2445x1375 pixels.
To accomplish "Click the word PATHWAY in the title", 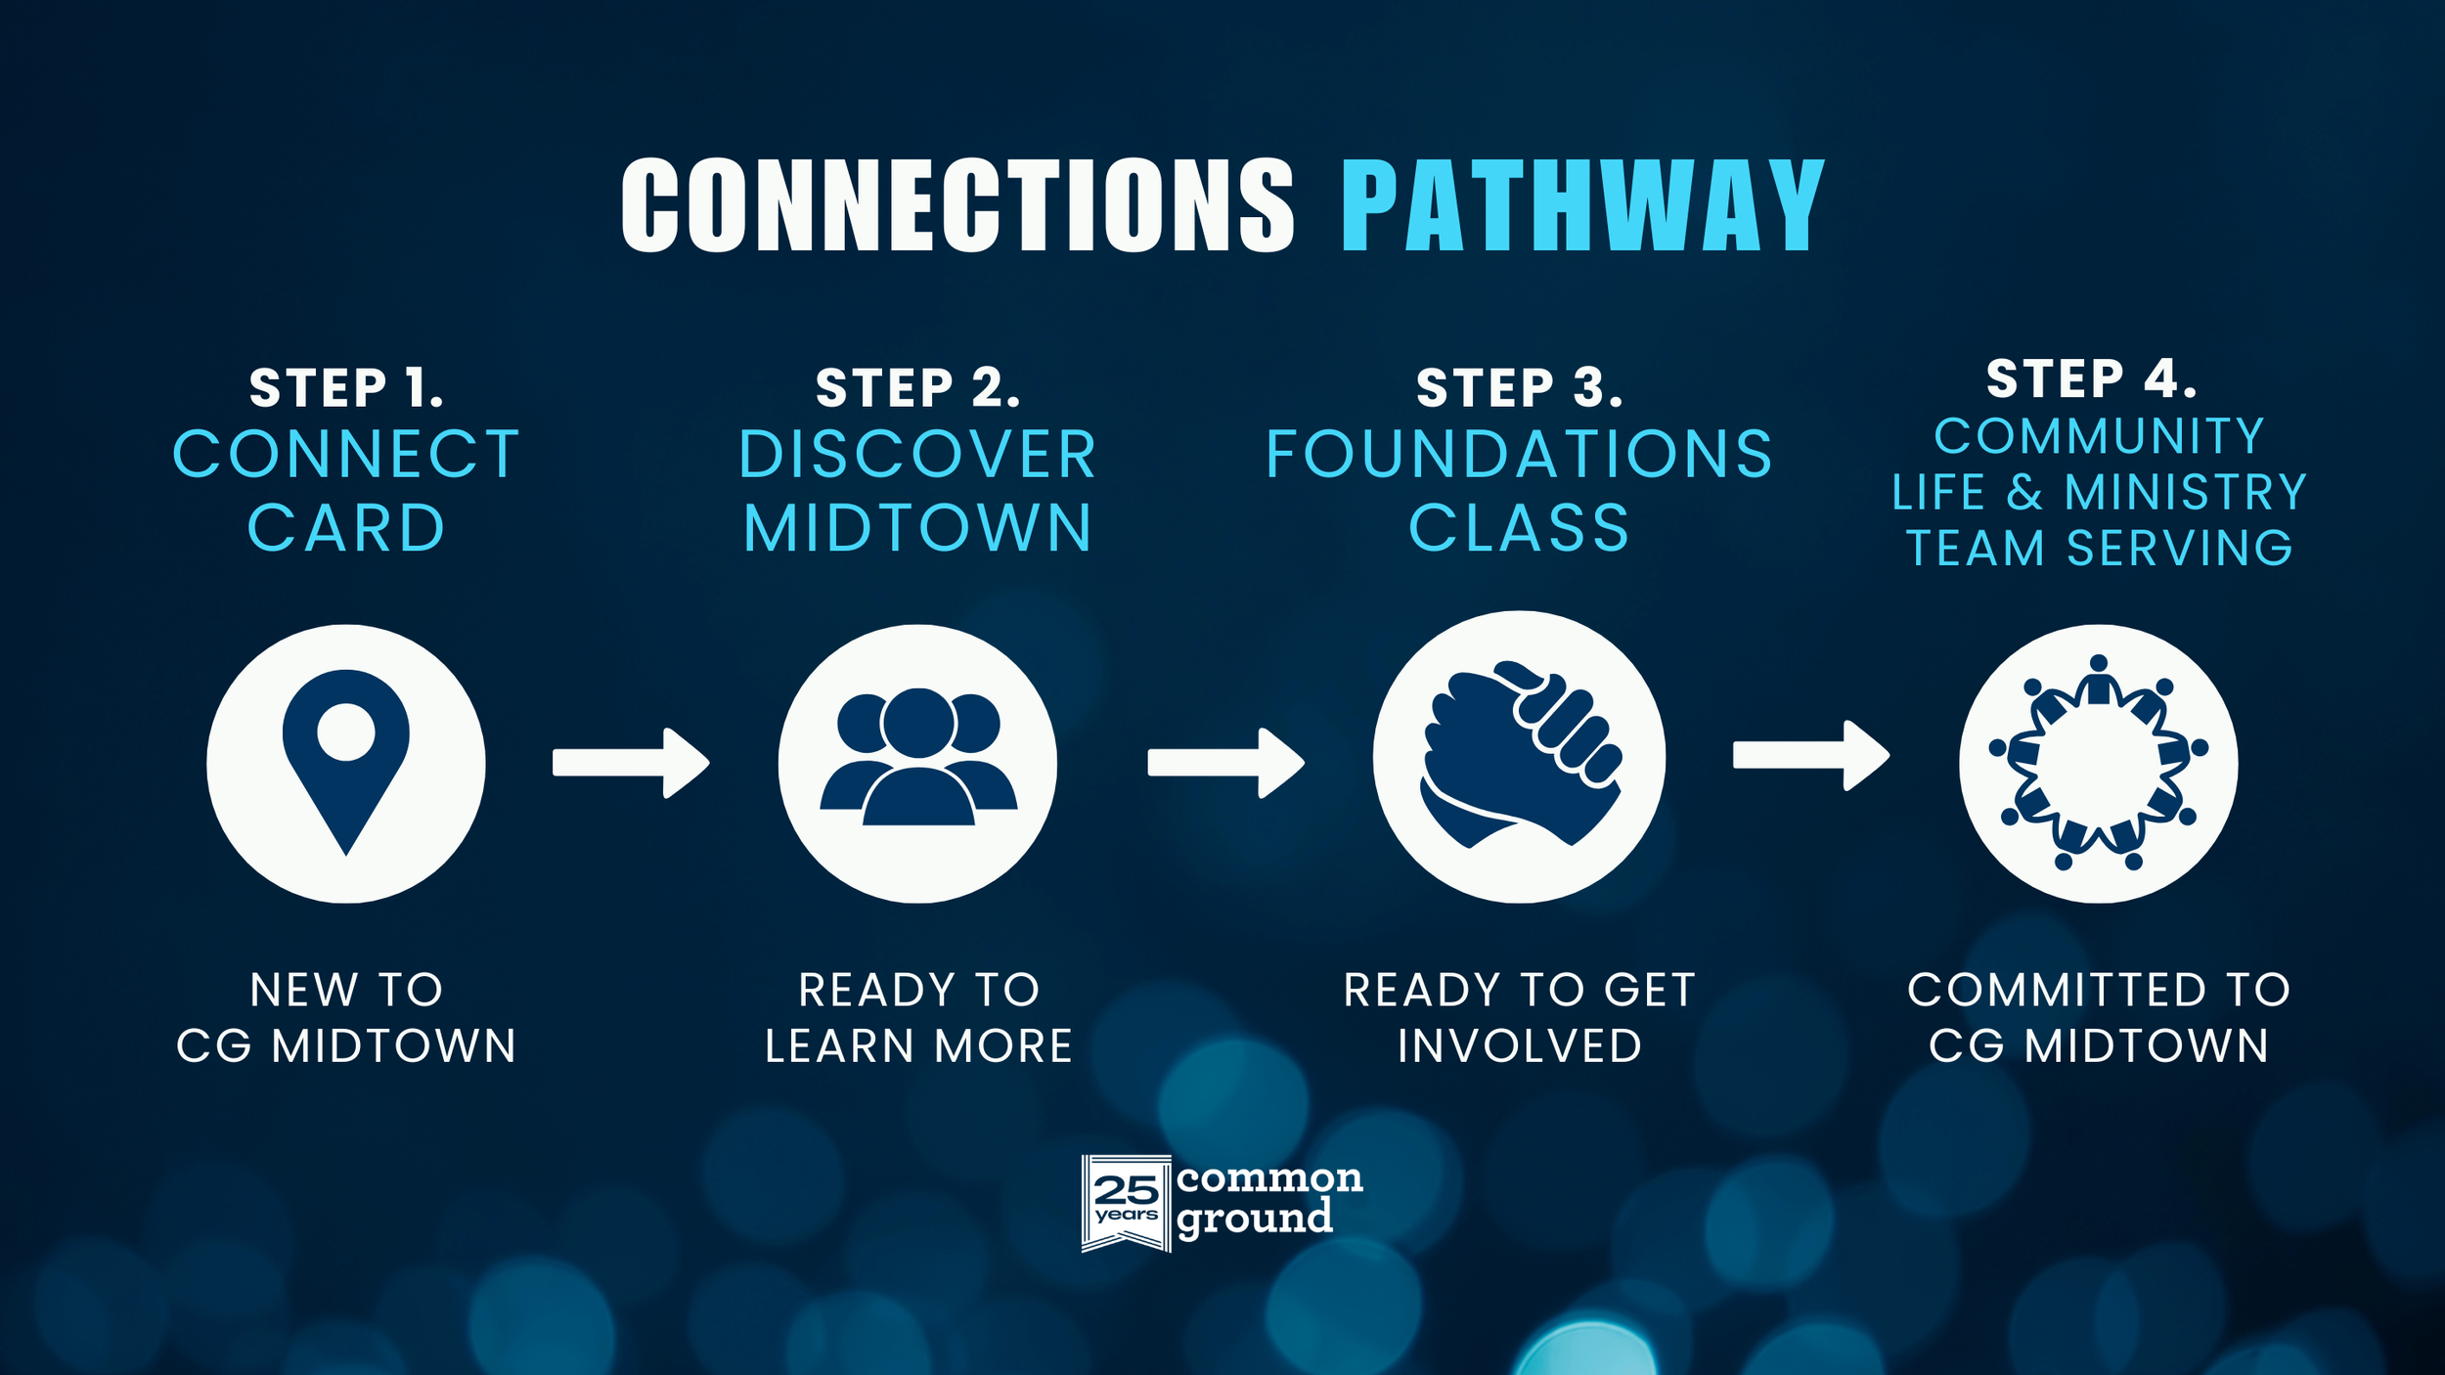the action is (x=1581, y=206).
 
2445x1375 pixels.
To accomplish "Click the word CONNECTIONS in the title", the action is (x=957, y=206).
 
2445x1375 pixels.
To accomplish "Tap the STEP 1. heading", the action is (x=346, y=387).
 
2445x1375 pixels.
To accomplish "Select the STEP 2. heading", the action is (x=917, y=387).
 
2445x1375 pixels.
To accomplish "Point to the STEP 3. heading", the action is (x=1519, y=387).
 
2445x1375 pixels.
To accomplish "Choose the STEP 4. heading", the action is (x=2092, y=378).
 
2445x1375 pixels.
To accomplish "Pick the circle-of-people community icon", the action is (x=2098, y=763).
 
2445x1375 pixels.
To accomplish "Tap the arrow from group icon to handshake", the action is (x=1225, y=763).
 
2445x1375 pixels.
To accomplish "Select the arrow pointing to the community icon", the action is (x=1810, y=755).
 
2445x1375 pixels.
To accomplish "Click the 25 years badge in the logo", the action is (x=1126, y=1203).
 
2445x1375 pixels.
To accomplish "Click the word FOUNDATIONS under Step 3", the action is (x=1519, y=455).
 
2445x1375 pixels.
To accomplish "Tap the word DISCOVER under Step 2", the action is (x=917, y=455).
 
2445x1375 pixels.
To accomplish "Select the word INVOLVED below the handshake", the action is (x=1519, y=1046).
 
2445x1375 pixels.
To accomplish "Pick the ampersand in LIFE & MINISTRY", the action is (x=2024, y=492).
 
